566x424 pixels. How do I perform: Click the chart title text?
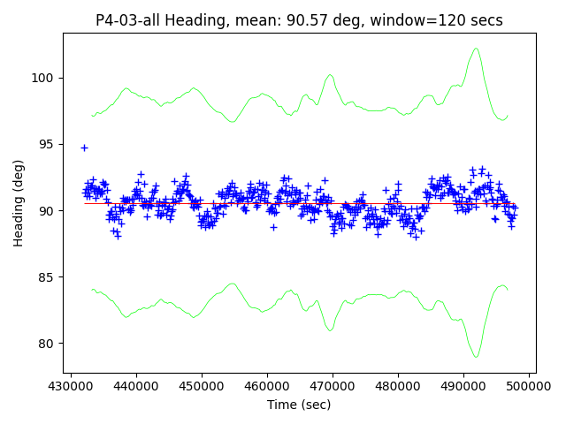pos(299,20)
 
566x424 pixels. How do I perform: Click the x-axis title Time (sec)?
pos(299,405)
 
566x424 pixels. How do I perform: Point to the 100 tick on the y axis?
pos(46,78)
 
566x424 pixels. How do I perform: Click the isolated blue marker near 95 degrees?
pos(84,148)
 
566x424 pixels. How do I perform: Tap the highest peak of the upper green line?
pos(476,49)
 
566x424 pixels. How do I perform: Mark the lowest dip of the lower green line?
pos(476,357)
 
